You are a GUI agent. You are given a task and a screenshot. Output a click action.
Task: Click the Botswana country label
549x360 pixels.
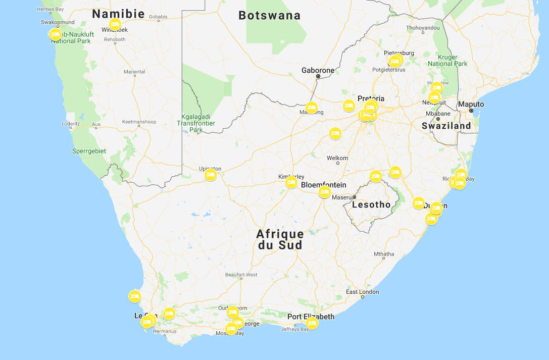(269, 16)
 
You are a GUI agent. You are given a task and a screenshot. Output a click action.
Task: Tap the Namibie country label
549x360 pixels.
(118, 14)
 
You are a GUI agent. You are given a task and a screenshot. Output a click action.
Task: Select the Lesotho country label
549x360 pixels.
(371, 204)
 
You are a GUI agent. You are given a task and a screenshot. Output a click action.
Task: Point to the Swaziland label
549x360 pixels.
(446, 126)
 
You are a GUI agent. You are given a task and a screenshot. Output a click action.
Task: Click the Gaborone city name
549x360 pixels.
(318, 70)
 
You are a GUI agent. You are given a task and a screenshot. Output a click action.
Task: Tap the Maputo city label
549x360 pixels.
(470, 104)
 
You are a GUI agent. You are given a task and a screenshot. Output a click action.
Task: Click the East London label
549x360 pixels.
(362, 292)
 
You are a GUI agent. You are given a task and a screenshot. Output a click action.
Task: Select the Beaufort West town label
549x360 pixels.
(241, 275)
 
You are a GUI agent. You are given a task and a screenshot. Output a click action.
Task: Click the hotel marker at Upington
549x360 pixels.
(211, 175)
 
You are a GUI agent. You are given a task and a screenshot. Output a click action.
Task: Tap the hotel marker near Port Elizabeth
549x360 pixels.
(312, 323)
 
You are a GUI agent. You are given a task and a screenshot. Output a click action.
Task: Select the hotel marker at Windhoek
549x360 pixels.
(115, 24)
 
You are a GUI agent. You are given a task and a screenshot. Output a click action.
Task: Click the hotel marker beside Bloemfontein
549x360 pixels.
(325, 191)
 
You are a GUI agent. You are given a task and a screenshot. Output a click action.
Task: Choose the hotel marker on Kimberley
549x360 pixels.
(291, 182)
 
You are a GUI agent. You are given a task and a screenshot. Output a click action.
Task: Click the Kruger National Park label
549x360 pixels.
(447, 60)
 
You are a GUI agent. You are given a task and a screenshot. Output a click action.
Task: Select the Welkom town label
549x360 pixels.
(337, 158)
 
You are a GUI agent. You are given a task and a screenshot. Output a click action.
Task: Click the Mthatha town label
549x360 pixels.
(383, 253)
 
